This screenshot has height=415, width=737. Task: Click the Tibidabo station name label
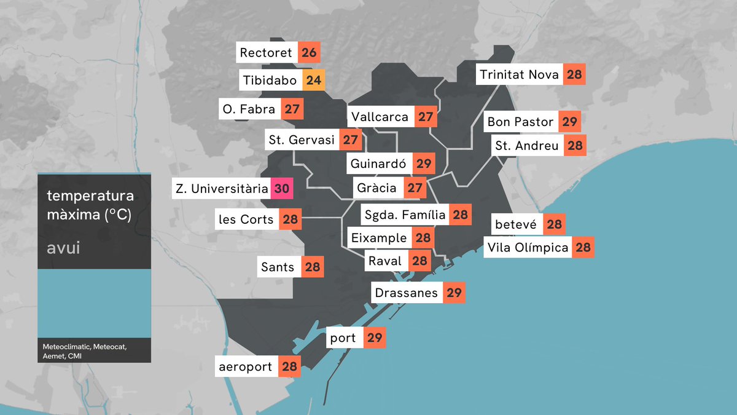tap(269, 81)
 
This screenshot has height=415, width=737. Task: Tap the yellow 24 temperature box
tap(313, 81)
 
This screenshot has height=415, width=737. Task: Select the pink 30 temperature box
tap(281, 189)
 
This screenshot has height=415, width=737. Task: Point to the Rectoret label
tap(266, 53)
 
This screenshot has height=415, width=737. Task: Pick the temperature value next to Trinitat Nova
tap(574, 75)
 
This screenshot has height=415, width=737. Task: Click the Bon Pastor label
tap(520, 122)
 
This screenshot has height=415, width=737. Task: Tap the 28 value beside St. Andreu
tap(575, 146)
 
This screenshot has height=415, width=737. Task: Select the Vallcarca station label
tap(380, 117)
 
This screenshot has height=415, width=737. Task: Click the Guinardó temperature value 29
tap(424, 164)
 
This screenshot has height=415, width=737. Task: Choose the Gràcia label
tap(376, 188)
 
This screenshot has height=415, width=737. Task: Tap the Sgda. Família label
tap(404, 215)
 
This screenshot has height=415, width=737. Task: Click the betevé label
tap(516, 225)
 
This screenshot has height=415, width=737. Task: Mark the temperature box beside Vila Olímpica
tap(583, 248)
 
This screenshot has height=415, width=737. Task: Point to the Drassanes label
tap(406, 293)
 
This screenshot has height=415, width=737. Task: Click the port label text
tap(343, 338)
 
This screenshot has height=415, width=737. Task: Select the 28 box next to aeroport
tap(289, 368)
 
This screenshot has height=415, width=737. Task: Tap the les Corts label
tap(246, 219)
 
